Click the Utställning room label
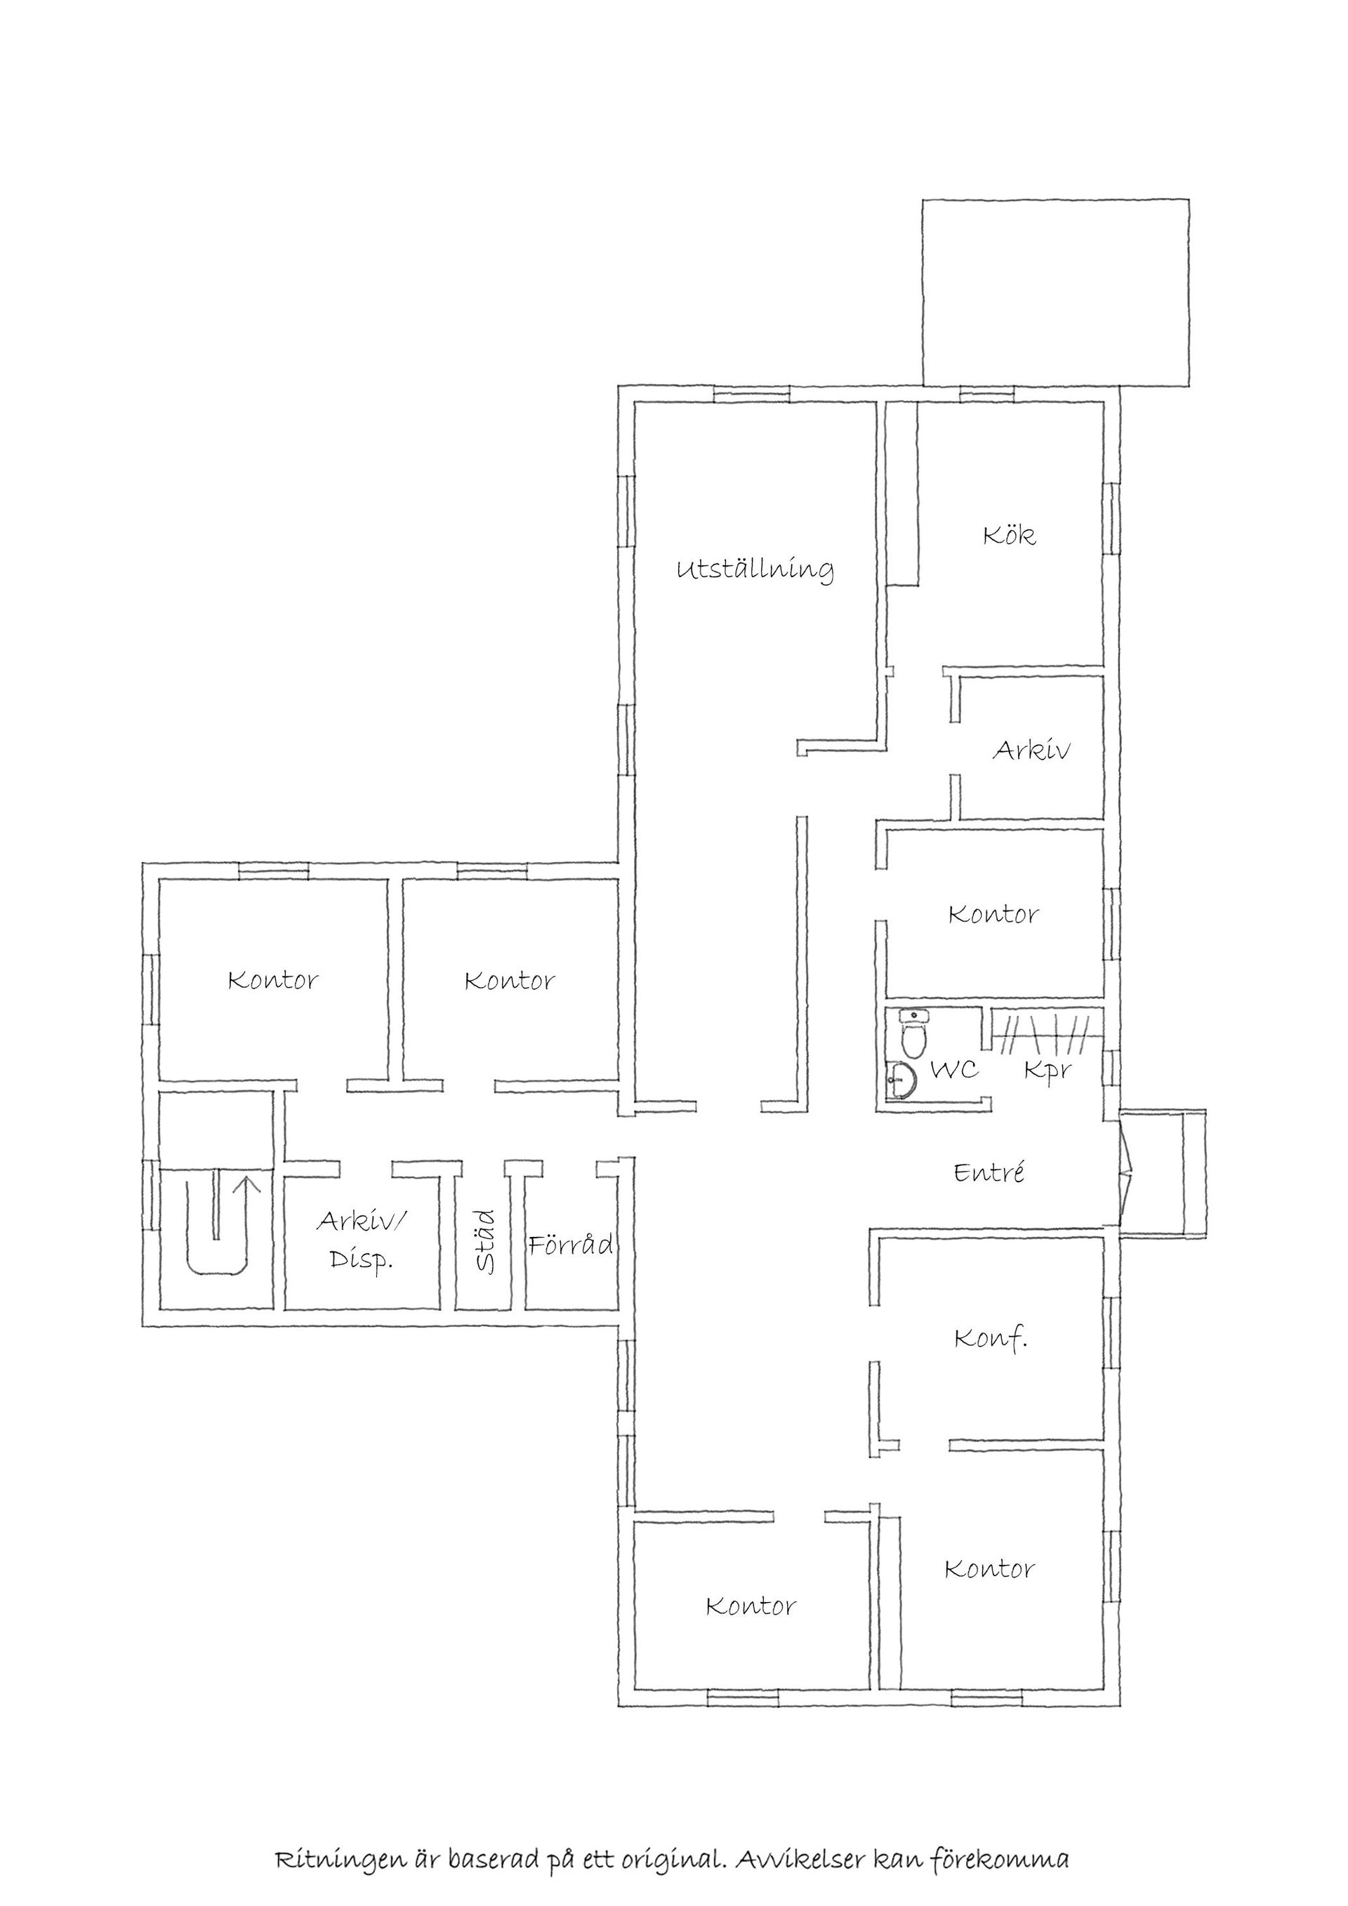(755, 571)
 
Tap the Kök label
(1010, 535)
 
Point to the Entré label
(989, 1172)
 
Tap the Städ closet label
(487, 1242)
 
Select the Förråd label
(571, 1243)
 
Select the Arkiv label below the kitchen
(1032, 750)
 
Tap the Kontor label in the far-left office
(273, 981)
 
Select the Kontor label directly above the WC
(993, 915)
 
